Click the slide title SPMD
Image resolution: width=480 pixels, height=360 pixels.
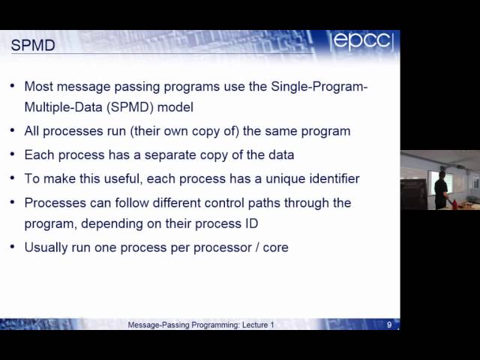pyautogui.click(x=32, y=46)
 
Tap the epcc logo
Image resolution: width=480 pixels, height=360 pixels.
pyautogui.click(x=363, y=42)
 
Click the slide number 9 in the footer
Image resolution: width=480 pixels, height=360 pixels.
pyautogui.click(x=389, y=325)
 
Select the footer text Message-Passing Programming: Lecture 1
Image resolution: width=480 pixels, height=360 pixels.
pyautogui.click(x=201, y=325)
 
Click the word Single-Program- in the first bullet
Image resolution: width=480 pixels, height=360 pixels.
pyautogui.click(x=319, y=86)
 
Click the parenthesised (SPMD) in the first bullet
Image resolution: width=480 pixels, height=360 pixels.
pyautogui.click(x=128, y=107)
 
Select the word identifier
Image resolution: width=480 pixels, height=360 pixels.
pyautogui.click(x=331, y=179)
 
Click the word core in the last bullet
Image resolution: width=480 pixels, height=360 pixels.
pyautogui.click(x=275, y=247)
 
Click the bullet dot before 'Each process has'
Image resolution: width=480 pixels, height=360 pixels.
pyautogui.click(x=13, y=154)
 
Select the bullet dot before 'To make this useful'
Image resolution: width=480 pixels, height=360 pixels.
pyautogui.click(x=13, y=178)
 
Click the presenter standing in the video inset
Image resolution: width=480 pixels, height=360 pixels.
pyautogui.click(x=441, y=189)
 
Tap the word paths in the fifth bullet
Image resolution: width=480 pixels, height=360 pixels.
pyautogui.click(x=281, y=203)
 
